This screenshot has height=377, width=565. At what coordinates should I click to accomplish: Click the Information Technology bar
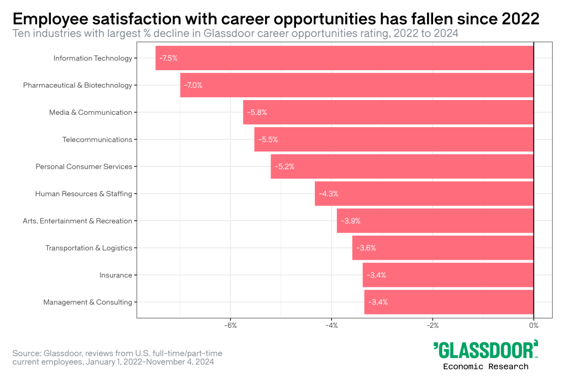click(344, 58)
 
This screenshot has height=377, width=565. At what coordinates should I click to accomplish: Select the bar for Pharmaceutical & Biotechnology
click(356, 85)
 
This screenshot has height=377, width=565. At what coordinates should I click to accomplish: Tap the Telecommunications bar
click(393, 139)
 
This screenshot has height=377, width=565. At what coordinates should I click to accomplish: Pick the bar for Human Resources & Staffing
click(424, 193)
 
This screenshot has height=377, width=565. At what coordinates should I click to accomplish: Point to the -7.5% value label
click(168, 58)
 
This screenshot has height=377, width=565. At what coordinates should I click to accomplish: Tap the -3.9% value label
click(351, 221)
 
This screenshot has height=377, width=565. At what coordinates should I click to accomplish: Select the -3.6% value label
click(366, 248)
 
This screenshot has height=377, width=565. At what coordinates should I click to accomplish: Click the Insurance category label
click(115, 275)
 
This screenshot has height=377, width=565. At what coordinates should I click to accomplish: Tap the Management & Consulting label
click(87, 302)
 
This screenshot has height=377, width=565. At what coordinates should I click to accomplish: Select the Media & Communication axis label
click(91, 112)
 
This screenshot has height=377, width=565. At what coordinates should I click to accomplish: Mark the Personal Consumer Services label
click(84, 166)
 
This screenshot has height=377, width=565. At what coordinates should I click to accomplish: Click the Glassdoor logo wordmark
click(485, 350)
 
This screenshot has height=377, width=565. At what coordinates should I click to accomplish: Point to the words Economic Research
click(485, 366)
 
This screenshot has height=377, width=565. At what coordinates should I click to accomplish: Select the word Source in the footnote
click(25, 353)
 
